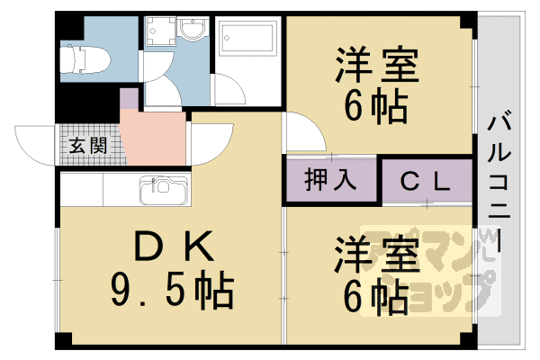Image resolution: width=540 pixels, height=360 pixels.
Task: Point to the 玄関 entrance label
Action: pos(83,144)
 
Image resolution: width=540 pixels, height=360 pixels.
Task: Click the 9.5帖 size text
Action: pos(171,290)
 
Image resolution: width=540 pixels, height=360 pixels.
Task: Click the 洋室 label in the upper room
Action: pos(377,67)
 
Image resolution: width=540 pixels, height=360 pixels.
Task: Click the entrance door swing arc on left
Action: pos(36,144)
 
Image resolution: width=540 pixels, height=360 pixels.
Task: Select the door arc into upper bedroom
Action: pos(306,130)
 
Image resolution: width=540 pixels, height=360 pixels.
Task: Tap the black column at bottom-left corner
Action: pos(62,341)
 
